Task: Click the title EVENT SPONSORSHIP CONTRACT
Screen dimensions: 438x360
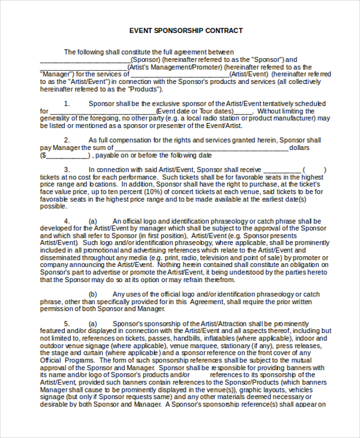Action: pos(186,31)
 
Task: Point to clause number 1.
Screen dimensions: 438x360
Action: pos(67,104)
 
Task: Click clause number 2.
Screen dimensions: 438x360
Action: pos(67,140)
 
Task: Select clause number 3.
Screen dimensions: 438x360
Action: pos(67,170)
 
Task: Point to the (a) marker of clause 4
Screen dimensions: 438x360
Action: pos(93,221)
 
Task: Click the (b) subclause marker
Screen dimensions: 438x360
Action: pos(93,294)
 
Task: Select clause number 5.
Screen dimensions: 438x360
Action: pos(67,323)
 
